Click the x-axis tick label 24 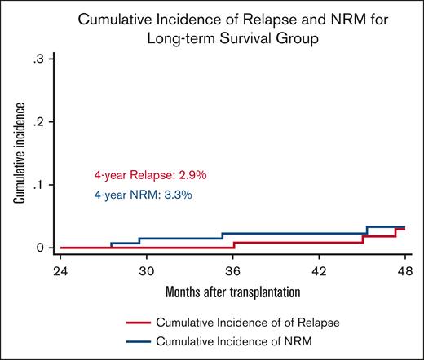[x=60, y=270]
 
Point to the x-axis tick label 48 [x=405, y=270]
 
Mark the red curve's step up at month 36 [x=233, y=244]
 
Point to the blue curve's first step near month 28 [x=111, y=245]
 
